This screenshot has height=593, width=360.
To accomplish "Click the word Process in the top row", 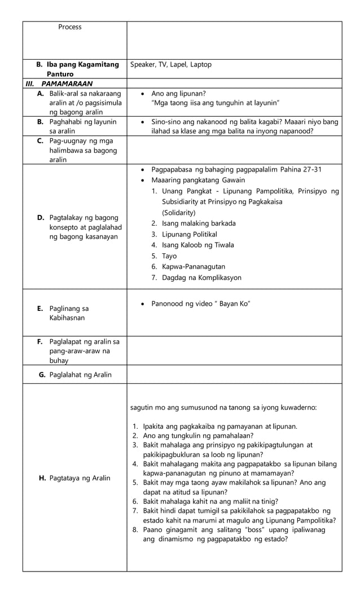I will tap(69, 27).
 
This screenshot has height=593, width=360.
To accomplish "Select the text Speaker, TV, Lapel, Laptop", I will tap(171, 65).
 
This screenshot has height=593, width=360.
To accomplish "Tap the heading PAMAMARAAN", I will tap(67, 84).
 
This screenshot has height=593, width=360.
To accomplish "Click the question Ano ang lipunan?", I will tap(178, 93).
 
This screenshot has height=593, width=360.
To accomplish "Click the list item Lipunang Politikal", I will tap(189, 234).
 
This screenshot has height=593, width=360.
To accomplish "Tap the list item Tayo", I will tap(169, 256).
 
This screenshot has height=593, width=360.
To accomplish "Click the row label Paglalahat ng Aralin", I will tap(80, 375).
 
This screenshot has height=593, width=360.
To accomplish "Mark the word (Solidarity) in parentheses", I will tap(179, 213).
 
